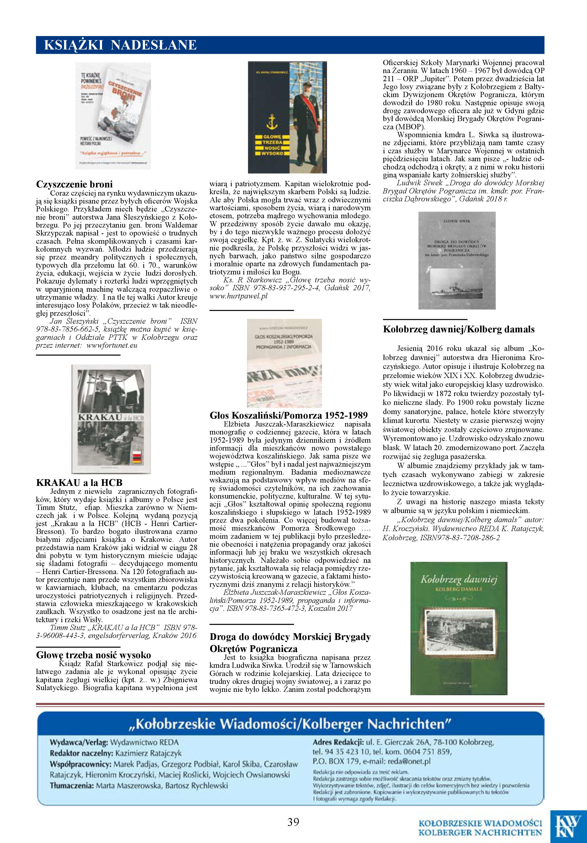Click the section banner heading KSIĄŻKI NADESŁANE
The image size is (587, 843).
tap(120, 45)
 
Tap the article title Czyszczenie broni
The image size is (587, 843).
tap(74, 184)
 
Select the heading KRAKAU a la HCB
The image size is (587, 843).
tap(79, 483)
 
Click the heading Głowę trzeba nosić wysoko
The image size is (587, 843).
tap(94, 655)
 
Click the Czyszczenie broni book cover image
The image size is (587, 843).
tap(113, 115)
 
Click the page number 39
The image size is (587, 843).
tap(293, 822)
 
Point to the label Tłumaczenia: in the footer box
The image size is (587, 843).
tap(71, 786)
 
